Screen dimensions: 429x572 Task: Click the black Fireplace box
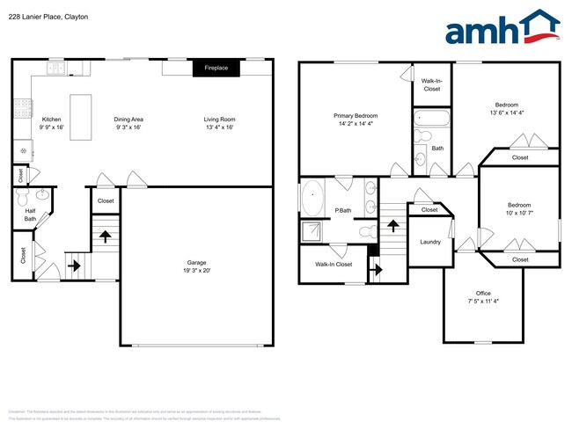pyautogui.click(x=216, y=68)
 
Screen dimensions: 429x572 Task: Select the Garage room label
pyautogui.click(x=196, y=263)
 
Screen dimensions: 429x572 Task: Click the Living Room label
pyautogui.click(x=219, y=120)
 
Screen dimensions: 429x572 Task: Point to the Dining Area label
pyautogui.click(x=128, y=120)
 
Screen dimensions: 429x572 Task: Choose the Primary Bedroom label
pyautogui.click(x=356, y=116)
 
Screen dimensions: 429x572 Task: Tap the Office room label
pyautogui.click(x=483, y=294)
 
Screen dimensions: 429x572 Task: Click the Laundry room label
pyautogui.click(x=430, y=242)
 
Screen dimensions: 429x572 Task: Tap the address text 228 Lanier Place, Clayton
pyautogui.click(x=48, y=17)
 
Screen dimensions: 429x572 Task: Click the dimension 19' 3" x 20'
pyautogui.click(x=196, y=271)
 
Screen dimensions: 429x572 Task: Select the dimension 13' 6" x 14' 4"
pyautogui.click(x=506, y=113)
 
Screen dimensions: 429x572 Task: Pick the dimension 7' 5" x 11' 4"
pyautogui.click(x=483, y=302)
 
